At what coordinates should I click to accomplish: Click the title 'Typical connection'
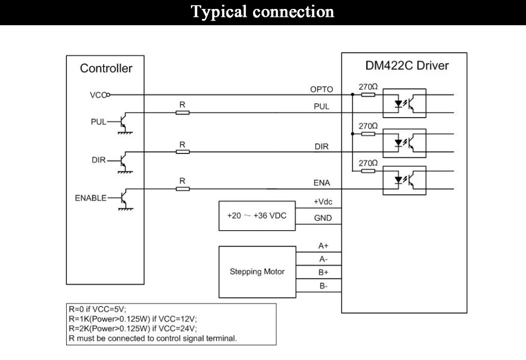tap(262, 12)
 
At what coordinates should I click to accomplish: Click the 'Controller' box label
tap(106, 68)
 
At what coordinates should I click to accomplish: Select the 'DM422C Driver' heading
tap(407, 65)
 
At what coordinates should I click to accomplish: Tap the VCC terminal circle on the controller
tap(108, 95)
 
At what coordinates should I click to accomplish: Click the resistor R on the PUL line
tap(183, 112)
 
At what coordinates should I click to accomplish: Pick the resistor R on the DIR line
tap(183, 152)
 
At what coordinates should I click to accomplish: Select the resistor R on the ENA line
tap(183, 189)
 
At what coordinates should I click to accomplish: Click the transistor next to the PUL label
tap(124, 122)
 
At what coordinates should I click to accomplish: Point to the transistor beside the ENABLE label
tap(124, 199)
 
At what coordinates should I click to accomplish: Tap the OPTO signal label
tap(321, 89)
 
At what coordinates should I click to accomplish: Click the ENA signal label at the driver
tap(322, 183)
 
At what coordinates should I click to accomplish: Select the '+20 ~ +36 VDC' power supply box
tap(257, 216)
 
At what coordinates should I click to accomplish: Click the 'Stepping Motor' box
tap(257, 272)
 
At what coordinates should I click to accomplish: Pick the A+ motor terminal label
tap(323, 246)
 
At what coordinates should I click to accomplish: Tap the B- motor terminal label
tap(323, 286)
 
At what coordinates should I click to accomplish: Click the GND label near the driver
tap(323, 218)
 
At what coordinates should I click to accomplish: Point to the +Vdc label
tap(323, 202)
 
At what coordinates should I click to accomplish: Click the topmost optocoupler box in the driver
tap(404, 103)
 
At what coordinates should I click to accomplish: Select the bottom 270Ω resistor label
tap(368, 163)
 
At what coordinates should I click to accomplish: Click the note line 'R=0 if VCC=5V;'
tap(98, 309)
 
